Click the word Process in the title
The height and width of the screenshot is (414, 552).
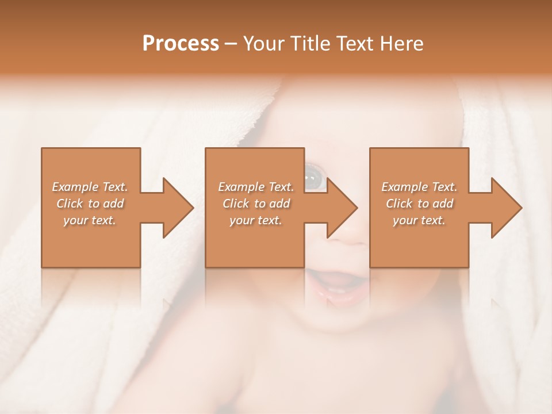point(181,44)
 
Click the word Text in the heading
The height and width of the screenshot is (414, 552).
point(355,44)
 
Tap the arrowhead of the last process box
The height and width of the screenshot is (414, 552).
point(505,208)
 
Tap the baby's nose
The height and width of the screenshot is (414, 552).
point(348,233)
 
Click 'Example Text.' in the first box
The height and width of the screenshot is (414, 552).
point(90,187)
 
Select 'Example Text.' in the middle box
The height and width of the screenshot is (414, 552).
point(256,187)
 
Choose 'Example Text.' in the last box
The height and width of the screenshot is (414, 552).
point(419,187)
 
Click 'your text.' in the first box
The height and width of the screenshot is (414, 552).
point(90,220)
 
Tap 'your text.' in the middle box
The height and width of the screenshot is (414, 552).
point(256,220)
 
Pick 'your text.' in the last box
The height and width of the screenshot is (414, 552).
point(419,220)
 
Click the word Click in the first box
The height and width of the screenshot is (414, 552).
point(70,204)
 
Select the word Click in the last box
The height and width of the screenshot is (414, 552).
point(399,204)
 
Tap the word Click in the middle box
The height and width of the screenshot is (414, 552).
point(236,204)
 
